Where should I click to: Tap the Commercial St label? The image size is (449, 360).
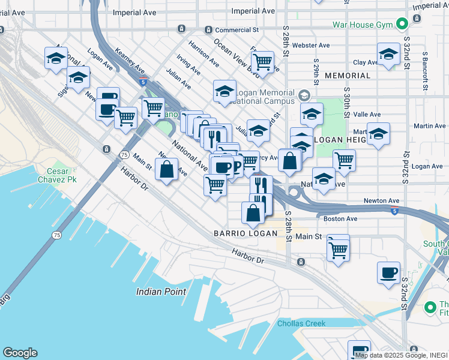(237, 29)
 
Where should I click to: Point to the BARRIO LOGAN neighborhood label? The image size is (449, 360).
(240, 233)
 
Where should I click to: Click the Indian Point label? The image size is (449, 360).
(161, 292)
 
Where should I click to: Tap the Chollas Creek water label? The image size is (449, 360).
(301, 323)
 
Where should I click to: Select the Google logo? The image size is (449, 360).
(20, 353)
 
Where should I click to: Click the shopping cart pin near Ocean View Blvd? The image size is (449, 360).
(262, 61)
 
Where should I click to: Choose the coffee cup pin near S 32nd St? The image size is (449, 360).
(389, 272)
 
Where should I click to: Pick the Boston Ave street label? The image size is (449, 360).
(340, 219)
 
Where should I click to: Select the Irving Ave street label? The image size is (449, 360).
(188, 65)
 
